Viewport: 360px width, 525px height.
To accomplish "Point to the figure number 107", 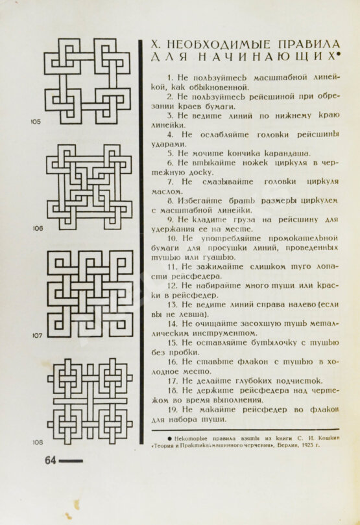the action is [37, 336].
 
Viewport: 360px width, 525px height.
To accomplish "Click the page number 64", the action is [51, 461].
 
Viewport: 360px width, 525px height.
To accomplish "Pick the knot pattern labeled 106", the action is [89, 185].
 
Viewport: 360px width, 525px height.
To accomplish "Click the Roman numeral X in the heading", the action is [155, 45].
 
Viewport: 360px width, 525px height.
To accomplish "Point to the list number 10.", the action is [173, 238].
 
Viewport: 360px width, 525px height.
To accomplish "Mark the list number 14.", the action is [173, 323].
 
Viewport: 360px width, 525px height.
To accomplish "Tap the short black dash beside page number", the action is [72, 461].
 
